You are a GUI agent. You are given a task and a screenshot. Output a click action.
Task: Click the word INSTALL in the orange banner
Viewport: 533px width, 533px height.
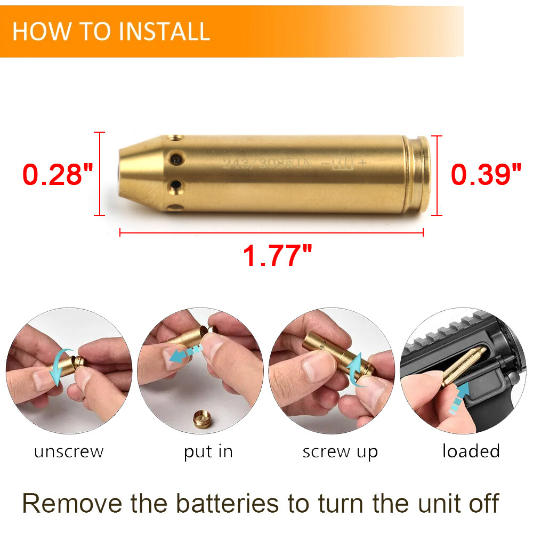click(164, 31)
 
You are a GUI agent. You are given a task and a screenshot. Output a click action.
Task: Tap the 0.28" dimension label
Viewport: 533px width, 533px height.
click(58, 175)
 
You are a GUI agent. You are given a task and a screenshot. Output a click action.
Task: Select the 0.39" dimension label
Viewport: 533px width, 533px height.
click(486, 175)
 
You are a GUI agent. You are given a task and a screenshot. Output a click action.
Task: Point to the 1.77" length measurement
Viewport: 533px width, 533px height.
click(277, 256)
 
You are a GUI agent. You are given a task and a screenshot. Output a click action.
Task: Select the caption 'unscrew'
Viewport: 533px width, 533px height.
click(69, 452)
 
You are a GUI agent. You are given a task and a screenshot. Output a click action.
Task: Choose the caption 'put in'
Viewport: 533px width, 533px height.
click(208, 452)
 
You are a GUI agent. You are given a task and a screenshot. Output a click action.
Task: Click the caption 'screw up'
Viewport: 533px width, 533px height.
click(340, 452)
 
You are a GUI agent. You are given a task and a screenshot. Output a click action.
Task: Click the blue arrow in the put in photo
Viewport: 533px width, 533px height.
click(184, 352)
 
